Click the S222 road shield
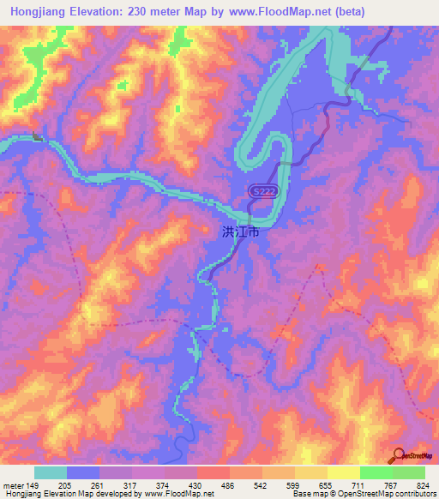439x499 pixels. [x=262, y=195]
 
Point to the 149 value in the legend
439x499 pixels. [x=33, y=484]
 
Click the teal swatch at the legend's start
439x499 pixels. [x=51, y=472]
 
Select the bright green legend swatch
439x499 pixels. [x=376, y=472]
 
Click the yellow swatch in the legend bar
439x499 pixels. [x=344, y=472]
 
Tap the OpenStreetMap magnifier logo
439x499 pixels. [x=398, y=457]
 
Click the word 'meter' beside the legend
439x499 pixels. [x=14, y=484]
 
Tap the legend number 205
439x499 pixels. [x=66, y=484]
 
